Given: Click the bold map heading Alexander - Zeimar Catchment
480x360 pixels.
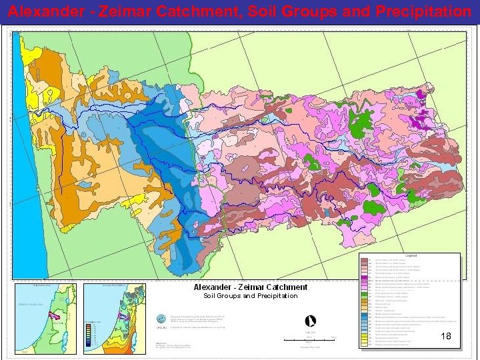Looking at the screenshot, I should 250,287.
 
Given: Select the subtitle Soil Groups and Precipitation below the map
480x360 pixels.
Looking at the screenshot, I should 250,296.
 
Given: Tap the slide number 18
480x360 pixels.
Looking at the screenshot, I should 446,337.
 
